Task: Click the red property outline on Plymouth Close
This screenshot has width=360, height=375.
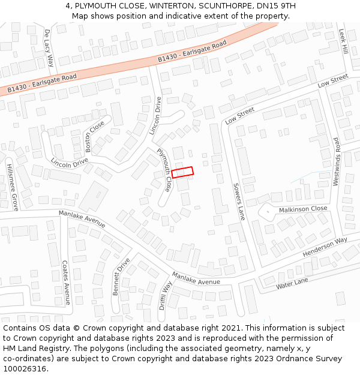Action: click(x=182, y=172)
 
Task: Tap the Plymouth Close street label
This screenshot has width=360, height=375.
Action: click(x=164, y=170)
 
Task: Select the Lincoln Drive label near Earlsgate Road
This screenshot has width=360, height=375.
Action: click(x=155, y=116)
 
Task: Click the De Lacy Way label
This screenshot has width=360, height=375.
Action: click(x=49, y=47)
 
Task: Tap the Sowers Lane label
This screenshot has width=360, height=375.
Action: click(x=239, y=202)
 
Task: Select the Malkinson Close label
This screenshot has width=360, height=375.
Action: click(x=303, y=209)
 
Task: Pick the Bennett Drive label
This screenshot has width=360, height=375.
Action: click(x=121, y=277)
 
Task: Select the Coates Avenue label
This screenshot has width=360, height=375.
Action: click(x=66, y=282)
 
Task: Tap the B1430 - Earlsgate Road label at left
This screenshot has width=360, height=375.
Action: click(x=42, y=83)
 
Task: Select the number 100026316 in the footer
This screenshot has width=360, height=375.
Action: click(x=25, y=368)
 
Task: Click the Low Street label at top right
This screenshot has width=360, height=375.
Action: click(x=332, y=81)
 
